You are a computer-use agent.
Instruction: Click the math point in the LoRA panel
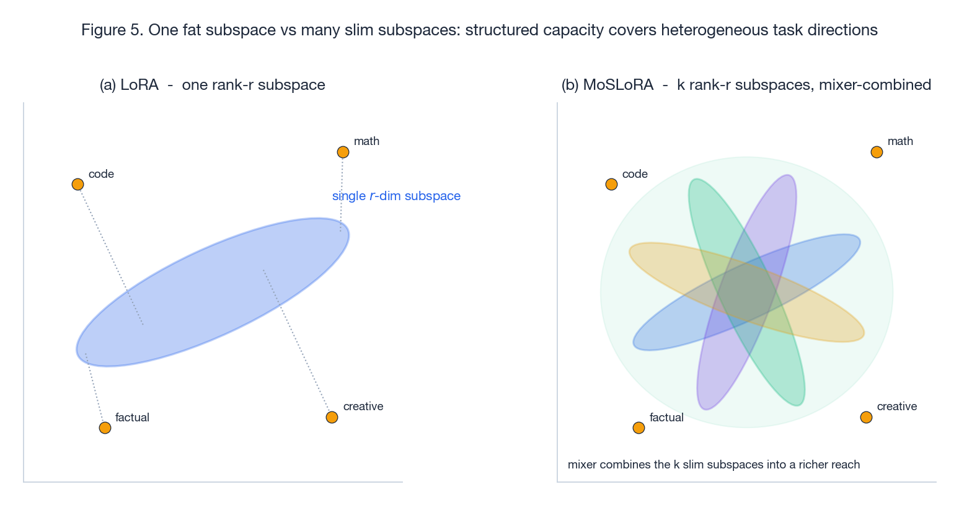coord(343,152)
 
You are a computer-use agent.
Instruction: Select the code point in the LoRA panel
coord(77,184)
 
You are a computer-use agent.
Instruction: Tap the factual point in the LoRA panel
coord(105,428)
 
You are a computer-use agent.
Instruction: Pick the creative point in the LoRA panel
coord(332,417)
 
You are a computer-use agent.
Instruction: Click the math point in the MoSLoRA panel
coord(877,152)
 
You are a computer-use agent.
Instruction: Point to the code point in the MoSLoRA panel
coord(611,184)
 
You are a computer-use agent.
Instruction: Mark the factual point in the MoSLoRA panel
coord(639,428)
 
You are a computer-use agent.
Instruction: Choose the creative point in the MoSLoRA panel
coord(866,417)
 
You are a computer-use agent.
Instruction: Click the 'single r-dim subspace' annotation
coord(396,196)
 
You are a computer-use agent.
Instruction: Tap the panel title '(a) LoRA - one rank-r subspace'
coord(212,85)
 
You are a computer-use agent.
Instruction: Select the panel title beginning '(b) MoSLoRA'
coord(746,85)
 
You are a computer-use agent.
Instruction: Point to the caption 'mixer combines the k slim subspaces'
coord(714,465)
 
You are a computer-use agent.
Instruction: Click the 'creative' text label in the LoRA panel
coord(363,406)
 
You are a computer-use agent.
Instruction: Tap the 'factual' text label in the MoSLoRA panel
coord(666,418)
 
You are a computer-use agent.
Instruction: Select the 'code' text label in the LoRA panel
coord(101,174)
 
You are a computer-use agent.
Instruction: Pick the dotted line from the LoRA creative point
coord(298,343)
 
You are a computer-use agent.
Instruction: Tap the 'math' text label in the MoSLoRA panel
coord(900,141)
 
